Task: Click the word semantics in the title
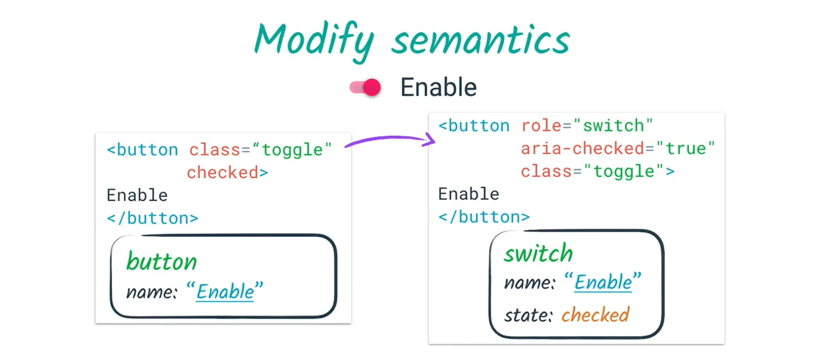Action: (x=481, y=41)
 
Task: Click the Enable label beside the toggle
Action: (x=438, y=87)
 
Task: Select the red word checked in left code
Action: (x=222, y=173)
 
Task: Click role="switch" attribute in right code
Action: (x=587, y=126)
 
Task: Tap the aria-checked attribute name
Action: (x=583, y=149)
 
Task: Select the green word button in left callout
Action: (x=161, y=262)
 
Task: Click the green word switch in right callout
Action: (x=538, y=253)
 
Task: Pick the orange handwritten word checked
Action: (x=595, y=315)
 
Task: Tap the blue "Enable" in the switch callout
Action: (x=603, y=282)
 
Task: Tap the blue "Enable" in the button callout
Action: (x=225, y=292)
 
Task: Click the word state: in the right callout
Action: (x=528, y=316)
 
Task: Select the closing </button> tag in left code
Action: (x=152, y=218)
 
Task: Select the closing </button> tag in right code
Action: (x=484, y=217)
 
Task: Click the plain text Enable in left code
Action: (x=137, y=196)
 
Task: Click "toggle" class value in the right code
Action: (x=623, y=171)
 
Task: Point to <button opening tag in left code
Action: (x=143, y=150)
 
